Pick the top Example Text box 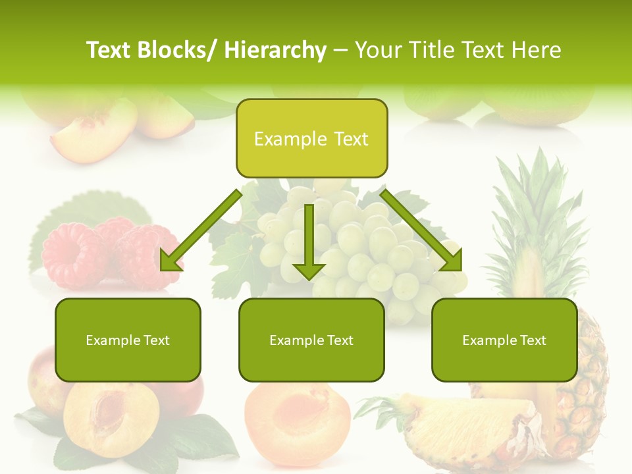coord(311,139)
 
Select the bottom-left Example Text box coord(128,340)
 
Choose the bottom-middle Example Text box coord(311,340)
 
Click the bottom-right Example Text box coord(504,340)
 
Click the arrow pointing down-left coord(201,230)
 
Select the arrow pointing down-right coord(421,230)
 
